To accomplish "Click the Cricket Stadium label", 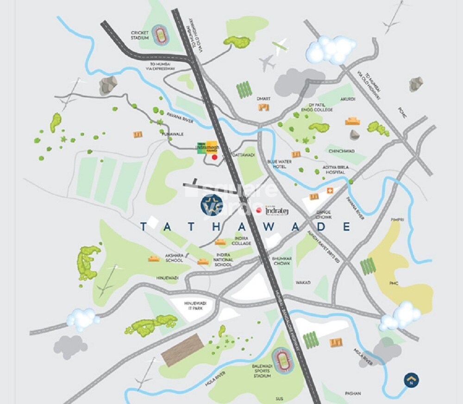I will tap(139, 35).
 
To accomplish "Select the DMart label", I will tap(263, 99).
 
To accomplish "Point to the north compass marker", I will tap(411, 380).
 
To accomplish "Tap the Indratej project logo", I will tap(277, 211).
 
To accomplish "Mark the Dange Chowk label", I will tap(324, 214).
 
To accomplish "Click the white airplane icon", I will tap(280, 46).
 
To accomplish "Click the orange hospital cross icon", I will tap(331, 190).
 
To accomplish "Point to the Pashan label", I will tap(353, 393).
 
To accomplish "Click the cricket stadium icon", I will tap(160, 34).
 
